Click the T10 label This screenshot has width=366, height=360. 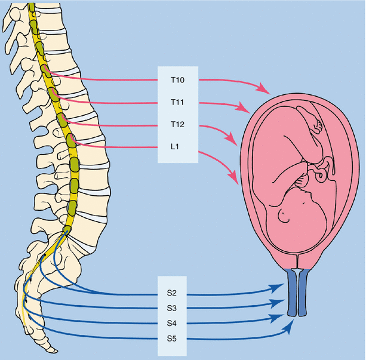(x=177, y=79)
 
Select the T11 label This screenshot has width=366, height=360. (x=177, y=103)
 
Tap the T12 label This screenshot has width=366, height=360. (x=177, y=125)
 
